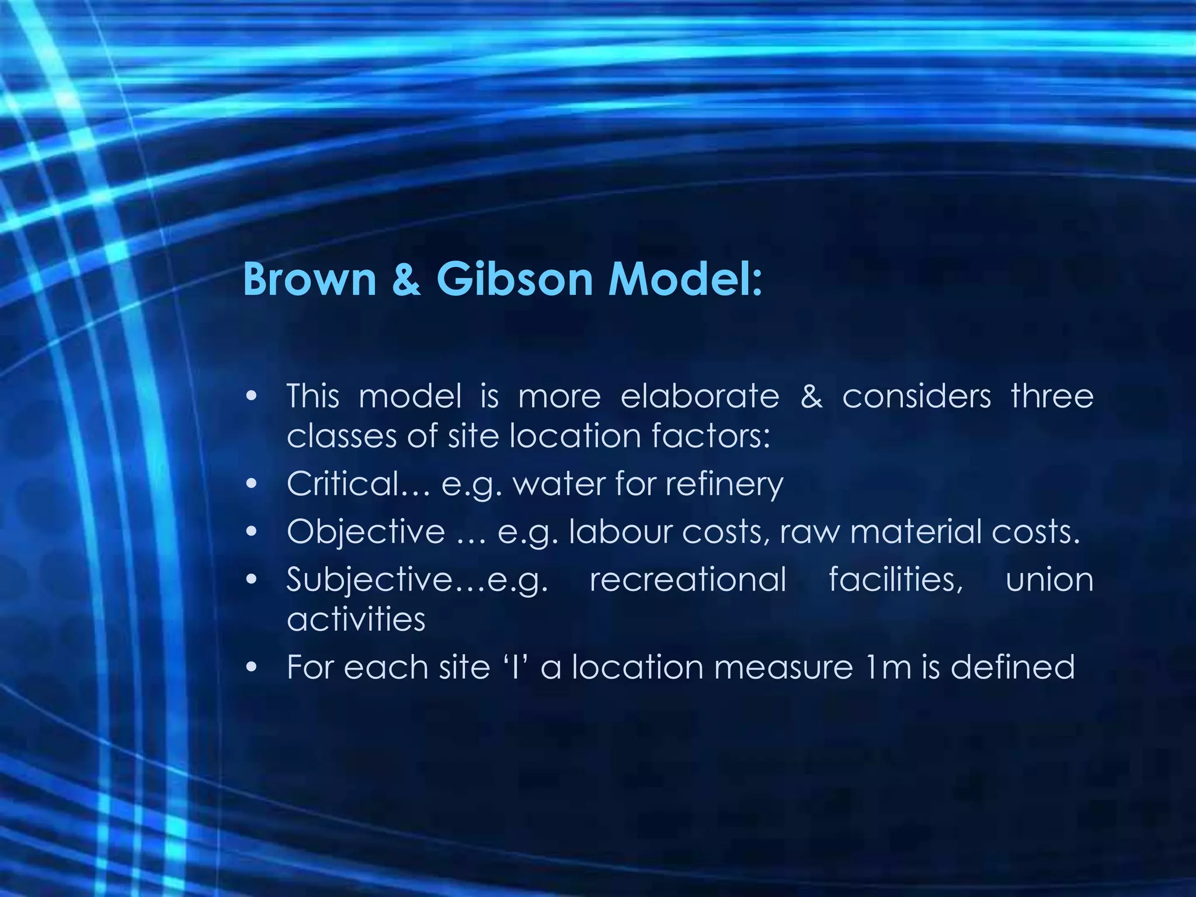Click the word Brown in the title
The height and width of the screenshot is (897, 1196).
tap(310, 279)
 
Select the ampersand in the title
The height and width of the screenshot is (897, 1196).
tap(406, 279)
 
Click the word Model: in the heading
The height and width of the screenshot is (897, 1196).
tap(685, 279)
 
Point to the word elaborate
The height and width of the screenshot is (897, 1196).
tap(700, 396)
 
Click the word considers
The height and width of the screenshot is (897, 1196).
tap(916, 396)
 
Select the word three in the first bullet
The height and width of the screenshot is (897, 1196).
tap(1052, 396)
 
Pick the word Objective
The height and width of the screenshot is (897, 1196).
tap(366, 531)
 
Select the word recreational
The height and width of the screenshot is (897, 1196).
tap(688, 579)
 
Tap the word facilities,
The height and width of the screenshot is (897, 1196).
tap(895, 579)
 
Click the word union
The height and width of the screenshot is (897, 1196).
tap(1049, 579)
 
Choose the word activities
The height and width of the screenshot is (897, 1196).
tap(356, 619)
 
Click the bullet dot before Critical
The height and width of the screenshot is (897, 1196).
tap(252, 484)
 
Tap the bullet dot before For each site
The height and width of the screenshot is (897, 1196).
tap(252, 667)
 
